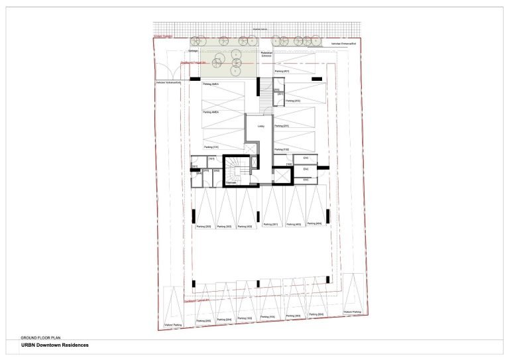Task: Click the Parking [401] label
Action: coord(282,70)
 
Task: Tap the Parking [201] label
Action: coord(282,125)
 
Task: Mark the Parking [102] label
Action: coord(282,150)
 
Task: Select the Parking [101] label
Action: coord(211,147)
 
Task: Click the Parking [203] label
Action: coord(203,227)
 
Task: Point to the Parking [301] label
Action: coord(270,225)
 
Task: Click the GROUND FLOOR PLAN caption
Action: coord(40,338)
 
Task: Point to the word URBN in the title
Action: coord(29,345)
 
